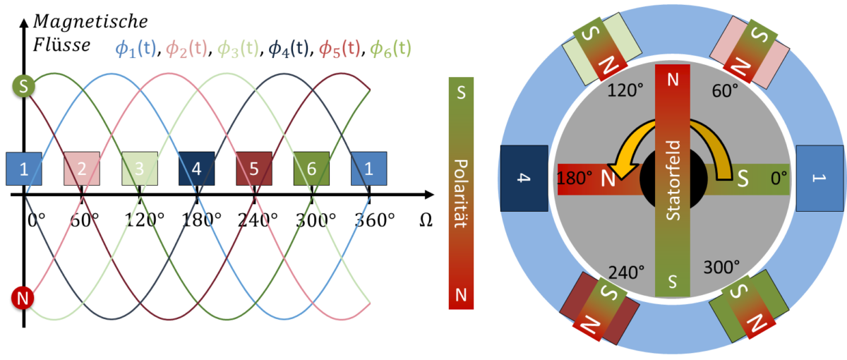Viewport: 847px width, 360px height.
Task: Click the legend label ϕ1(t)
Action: [136, 49]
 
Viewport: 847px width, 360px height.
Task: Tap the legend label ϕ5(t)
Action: [340, 49]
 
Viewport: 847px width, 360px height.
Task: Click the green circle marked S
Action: [23, 87]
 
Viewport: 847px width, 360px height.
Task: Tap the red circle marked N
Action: [23, 299]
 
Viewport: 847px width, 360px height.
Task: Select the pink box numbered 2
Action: [82, 169]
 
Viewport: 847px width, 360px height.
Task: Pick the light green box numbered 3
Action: [139, 169]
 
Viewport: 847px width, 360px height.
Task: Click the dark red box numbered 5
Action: [253, 169]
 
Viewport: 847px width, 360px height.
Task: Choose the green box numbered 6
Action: [311, 169]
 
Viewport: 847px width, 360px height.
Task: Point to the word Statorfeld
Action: [673, 181]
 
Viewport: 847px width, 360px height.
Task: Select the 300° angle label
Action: [721, 267]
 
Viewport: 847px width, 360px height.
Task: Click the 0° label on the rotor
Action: [779, 179]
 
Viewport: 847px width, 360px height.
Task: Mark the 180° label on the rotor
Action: [575, 179]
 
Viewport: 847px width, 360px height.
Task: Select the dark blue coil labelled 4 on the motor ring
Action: [524, 179]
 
